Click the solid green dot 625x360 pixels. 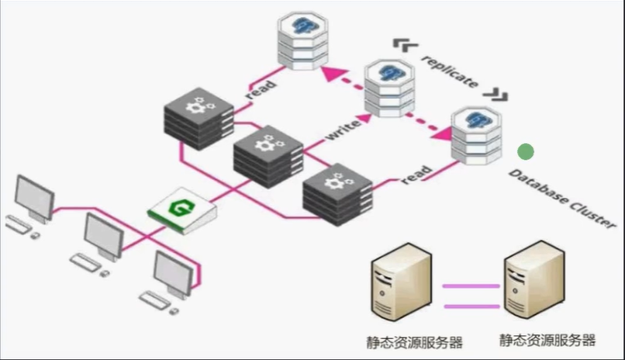[x=526, y=151]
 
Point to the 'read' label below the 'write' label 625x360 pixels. [x=416, y=176]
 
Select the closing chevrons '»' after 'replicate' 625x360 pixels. [x=499, y=95]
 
